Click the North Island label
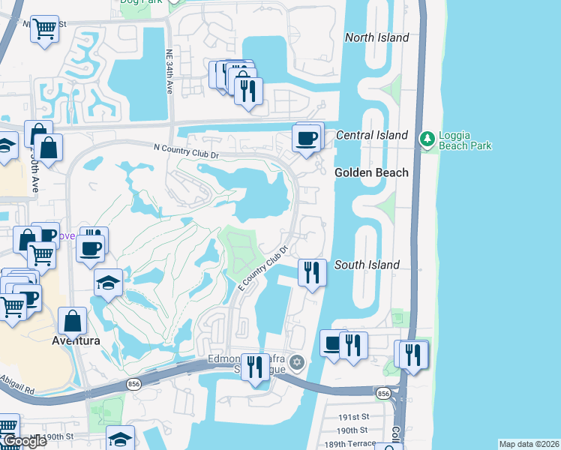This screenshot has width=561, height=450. click(376, 37)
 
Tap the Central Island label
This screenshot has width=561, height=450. click(372, 136)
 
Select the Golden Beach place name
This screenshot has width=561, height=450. click(371, 172)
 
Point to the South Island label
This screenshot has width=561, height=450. click(367, 265)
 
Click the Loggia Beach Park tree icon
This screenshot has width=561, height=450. click(427, 139)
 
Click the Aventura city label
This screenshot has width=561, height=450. click(76, 340)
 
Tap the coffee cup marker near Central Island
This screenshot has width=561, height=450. click(307, 139)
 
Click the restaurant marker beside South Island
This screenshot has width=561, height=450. click(311, 271)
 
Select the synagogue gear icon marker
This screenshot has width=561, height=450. click(297, 363)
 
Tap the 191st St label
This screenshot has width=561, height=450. click(355, 417)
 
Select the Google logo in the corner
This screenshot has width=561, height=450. click(25, 441)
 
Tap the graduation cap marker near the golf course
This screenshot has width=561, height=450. click(108, 283)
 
